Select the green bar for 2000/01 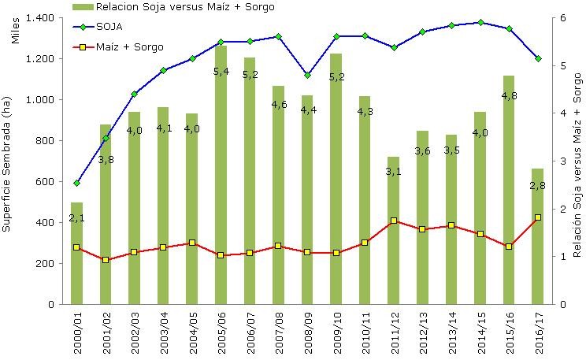[76, 253]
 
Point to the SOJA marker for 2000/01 [76, 183]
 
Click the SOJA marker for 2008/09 [307, 75]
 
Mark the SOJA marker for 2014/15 [480, 23]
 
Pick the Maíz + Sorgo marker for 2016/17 [537, 217]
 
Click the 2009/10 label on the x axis [336, 331]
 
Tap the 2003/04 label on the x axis [163, 331]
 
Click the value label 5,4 [221, 72]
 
